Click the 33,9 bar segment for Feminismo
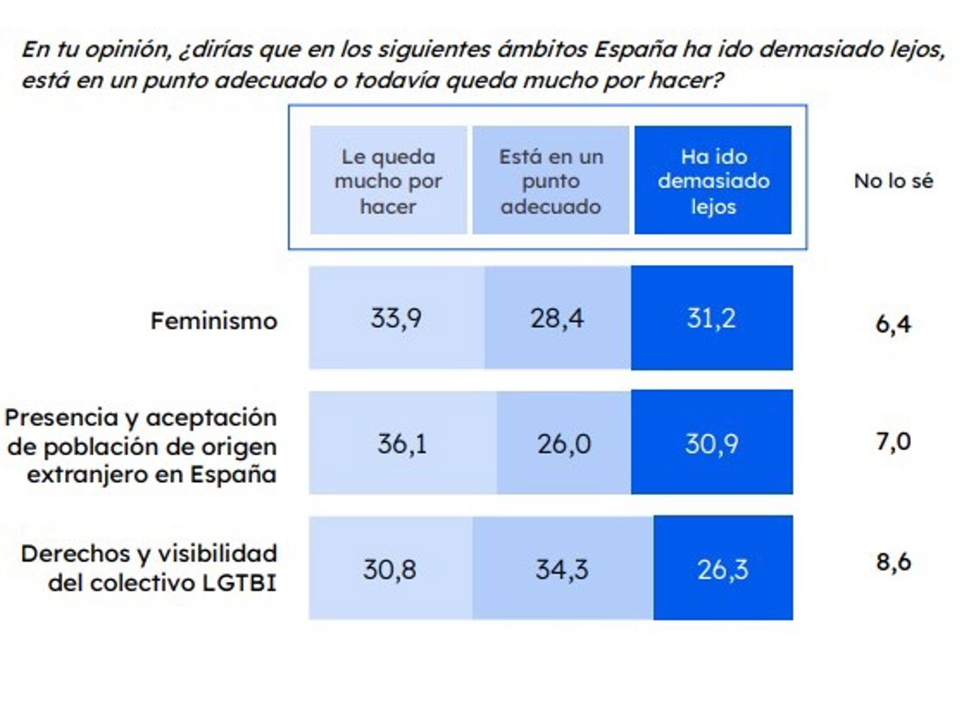click(396, 318)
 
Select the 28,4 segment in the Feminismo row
click(557, 318)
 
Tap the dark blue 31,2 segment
click(712, 318)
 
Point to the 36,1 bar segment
click(402, 443)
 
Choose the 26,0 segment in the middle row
click(564, 443)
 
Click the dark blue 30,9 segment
click(712, 443)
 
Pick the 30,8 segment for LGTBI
click(390, 568)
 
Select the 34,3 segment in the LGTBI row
click(562, 568)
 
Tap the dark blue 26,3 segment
click(722, 568)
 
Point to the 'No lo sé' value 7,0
click(893, 443)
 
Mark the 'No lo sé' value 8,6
click(893, 562)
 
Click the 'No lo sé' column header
click(893, 181)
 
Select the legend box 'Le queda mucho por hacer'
click(388, 180)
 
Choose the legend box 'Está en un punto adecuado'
click(551, 180)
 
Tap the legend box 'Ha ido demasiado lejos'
click(712, 180)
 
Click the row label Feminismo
click(214, 321)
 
